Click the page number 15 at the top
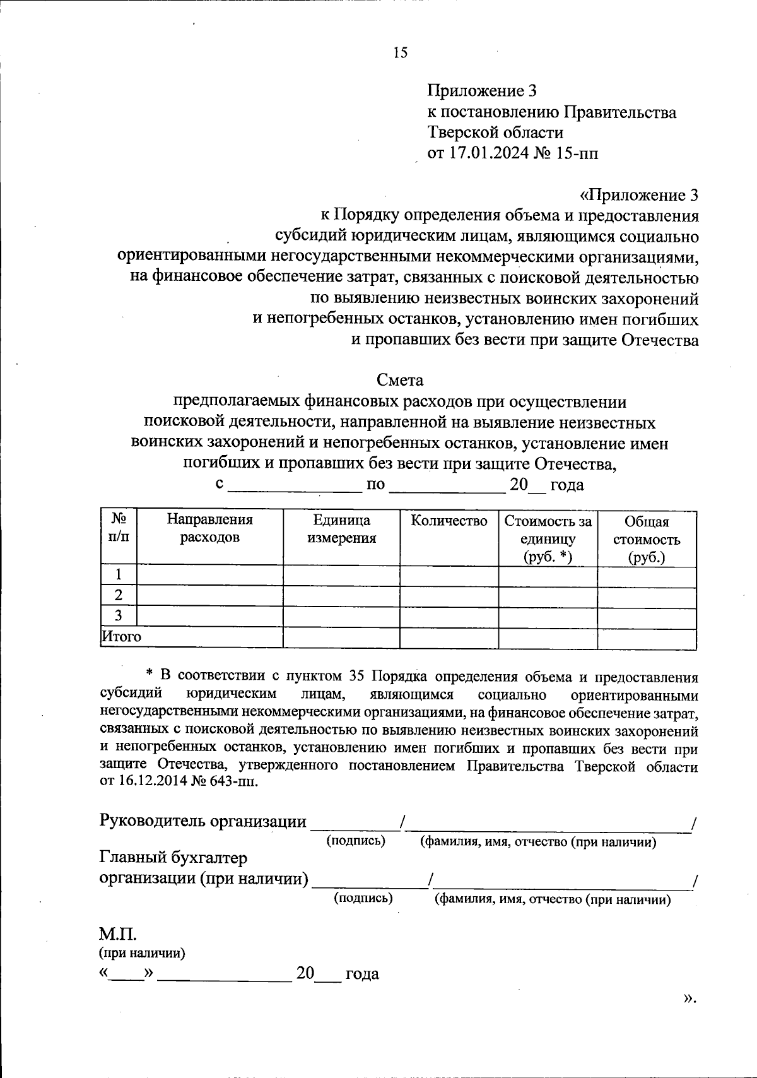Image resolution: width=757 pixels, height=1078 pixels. click(401, 52)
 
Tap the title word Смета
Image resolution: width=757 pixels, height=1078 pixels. click(400, 381)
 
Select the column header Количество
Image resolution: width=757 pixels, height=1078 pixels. click(449, 521)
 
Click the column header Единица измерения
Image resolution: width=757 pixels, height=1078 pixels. click(341, 529)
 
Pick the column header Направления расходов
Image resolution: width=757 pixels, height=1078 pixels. click(209, 529)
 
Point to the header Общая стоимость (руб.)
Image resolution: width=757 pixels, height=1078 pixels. click(647, 540)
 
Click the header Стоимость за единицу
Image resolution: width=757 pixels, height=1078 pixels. click(548, 531)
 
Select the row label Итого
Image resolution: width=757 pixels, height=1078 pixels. click(122, 637)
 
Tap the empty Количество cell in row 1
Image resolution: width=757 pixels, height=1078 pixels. click(449, 575)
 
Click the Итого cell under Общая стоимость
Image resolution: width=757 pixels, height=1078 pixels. click(647, 637)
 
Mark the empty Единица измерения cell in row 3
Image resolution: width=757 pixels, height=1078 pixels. click(341, 617)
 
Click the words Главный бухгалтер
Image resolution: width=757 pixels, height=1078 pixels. click(173, 858)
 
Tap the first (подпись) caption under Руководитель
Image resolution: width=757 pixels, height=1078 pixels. click(355, 841)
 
